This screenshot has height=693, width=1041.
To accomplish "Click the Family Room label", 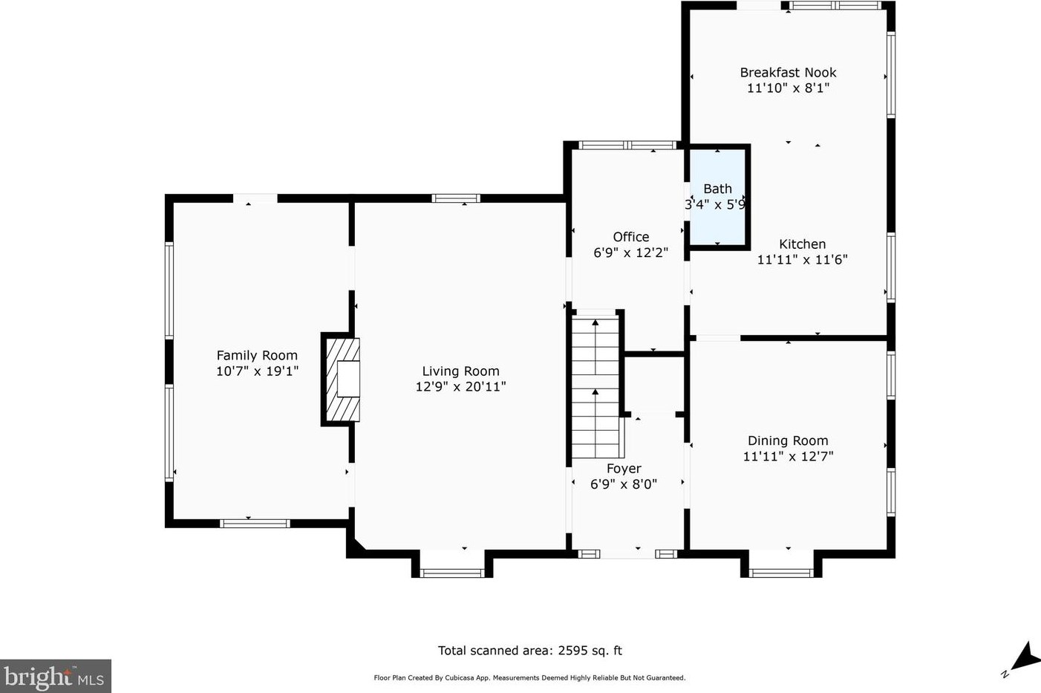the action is pos(257,356).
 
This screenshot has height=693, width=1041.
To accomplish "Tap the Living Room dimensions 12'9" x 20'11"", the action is pos(460,387).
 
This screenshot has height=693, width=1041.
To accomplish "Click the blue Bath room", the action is pos(717,197).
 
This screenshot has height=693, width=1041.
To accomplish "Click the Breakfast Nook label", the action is pos(789,73).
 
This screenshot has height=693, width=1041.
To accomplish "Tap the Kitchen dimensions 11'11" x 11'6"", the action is pos(803,259).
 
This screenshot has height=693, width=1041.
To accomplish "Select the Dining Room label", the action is pos(788,440).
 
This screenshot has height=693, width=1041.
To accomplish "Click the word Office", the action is pos(631,237).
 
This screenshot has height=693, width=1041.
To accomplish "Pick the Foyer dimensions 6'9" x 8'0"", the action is pos(624,484).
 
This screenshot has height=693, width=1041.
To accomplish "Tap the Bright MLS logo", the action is pos(55,676).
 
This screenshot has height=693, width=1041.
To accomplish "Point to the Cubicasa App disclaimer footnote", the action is pos(530,678).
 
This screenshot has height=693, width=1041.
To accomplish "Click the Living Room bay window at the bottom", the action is pos(451,573).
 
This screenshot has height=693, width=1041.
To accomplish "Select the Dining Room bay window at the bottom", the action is pos(781,573).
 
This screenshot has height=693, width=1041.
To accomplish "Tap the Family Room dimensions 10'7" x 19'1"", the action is pos(257,371).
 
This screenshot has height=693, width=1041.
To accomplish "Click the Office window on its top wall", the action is pos(627,145).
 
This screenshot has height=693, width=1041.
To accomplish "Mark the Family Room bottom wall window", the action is pos(255,524).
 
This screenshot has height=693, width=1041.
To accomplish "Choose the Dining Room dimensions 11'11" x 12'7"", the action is pos(789,456).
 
